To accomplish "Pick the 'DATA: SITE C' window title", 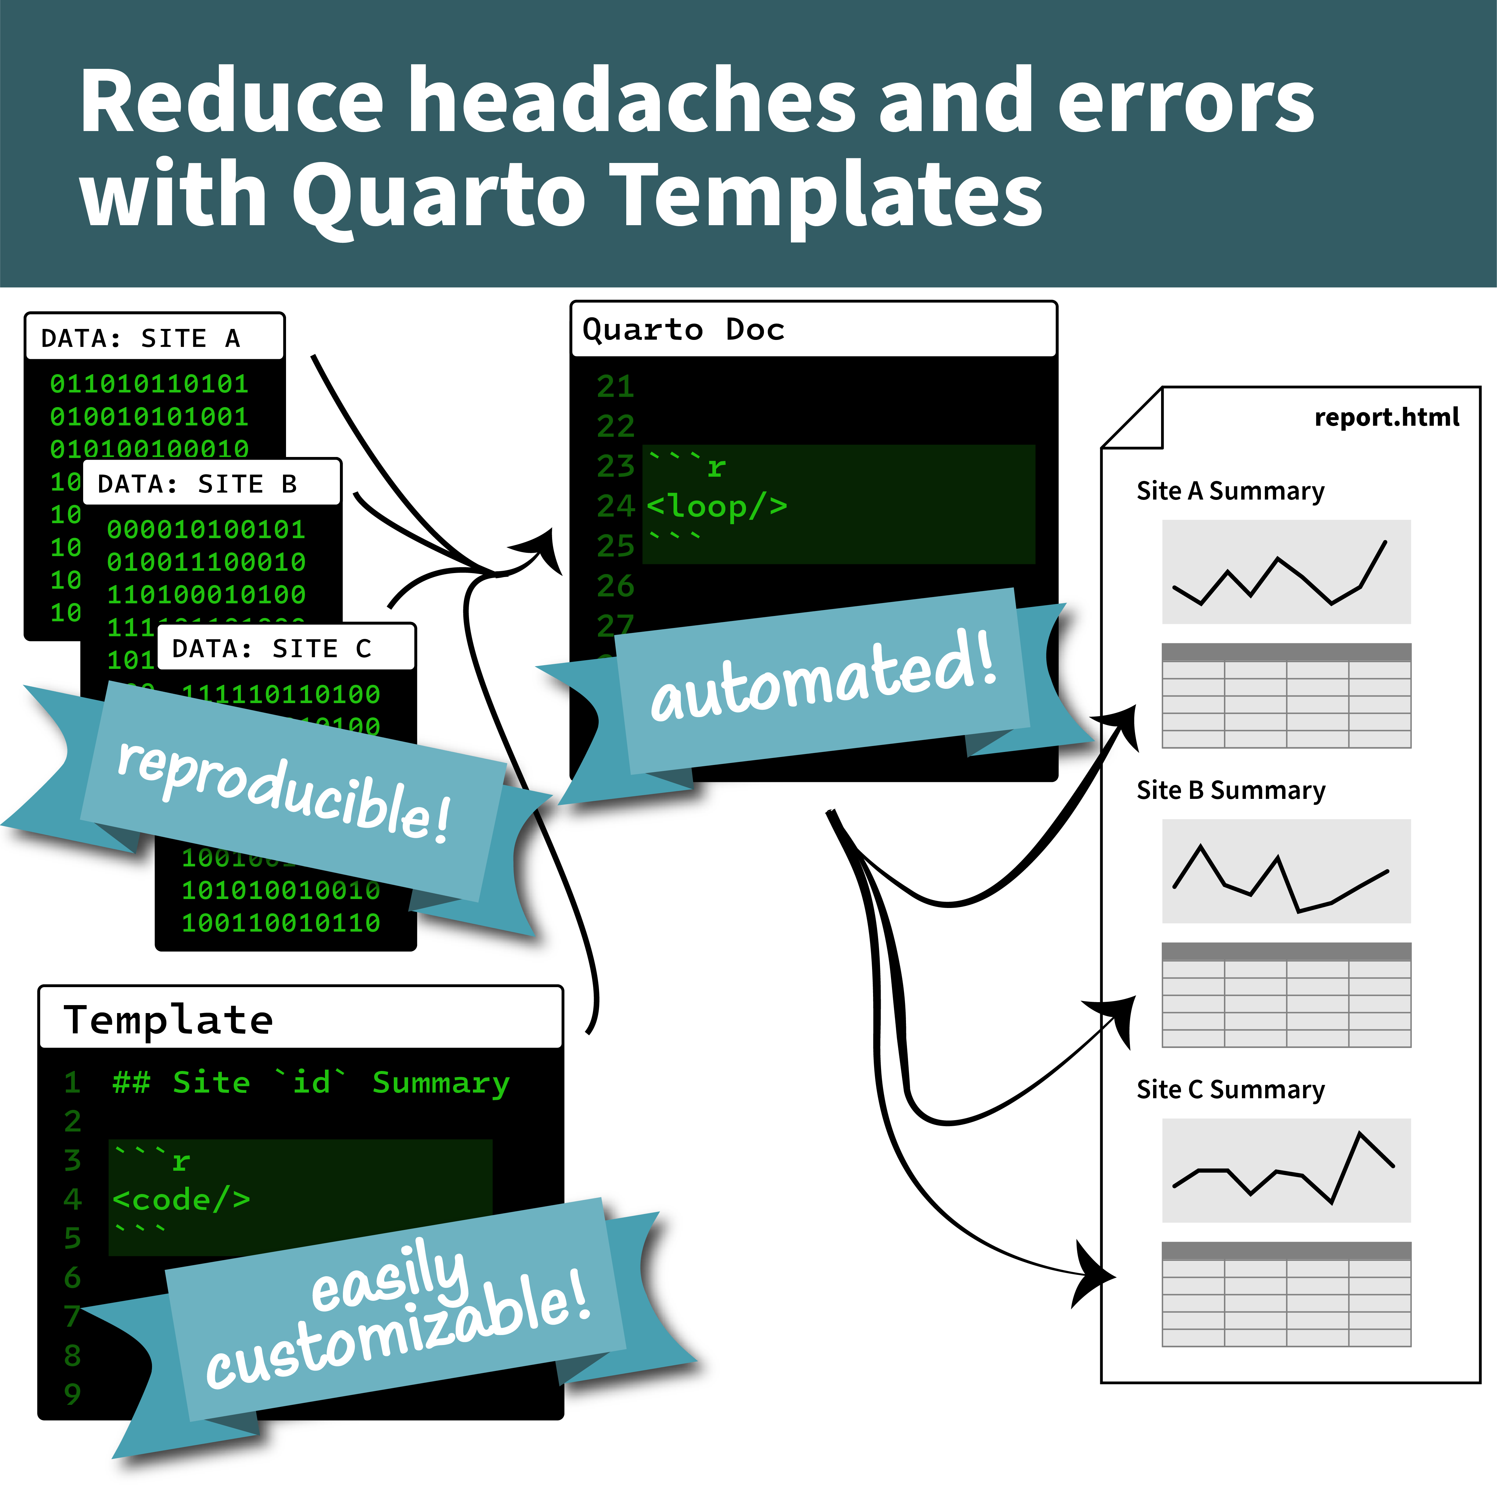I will click(271, 649).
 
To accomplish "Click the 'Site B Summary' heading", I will click(1231, 790).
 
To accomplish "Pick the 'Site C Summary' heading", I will click(1231, 1090).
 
